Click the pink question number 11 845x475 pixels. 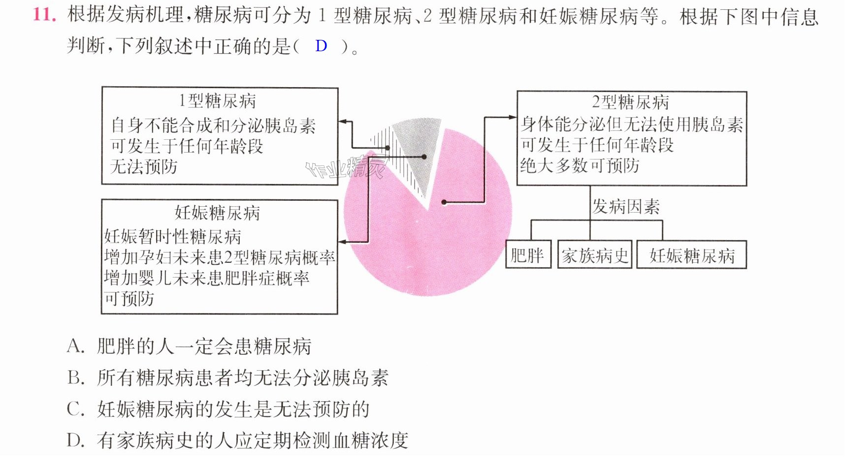coord(44,14)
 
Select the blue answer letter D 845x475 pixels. coord(321,46)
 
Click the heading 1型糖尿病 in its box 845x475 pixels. coord(217,101)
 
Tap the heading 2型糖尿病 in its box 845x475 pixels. coord(630,102)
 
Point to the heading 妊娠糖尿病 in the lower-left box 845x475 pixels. coord(217,213)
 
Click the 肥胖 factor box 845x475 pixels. coord(527,255)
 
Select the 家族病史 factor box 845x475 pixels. coord(594,255)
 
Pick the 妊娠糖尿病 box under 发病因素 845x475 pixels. coord(691,255)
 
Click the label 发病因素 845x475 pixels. coord(626,207)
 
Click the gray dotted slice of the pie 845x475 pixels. coord(419,143)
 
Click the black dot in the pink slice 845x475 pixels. coord(444,202)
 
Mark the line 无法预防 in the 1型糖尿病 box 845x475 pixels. coord(144,167)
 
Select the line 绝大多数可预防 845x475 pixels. coord(580,165)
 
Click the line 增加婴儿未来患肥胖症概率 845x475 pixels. coord(207,278)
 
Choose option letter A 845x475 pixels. coord(75,346)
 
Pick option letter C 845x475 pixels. coord(75,409)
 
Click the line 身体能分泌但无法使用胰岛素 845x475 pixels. coord(632,124)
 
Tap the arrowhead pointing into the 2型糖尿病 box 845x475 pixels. coord(513,117)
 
